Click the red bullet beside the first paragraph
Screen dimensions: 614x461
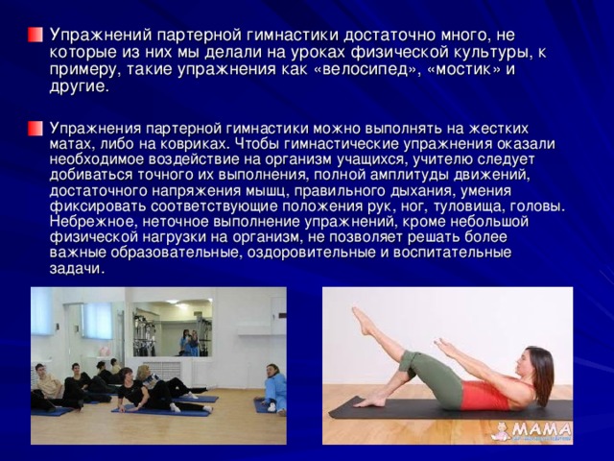click(x=35, y=35)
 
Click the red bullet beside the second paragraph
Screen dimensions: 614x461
click(x=35, y=129)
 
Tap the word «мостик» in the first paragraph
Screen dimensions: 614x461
click(x=464, y=69)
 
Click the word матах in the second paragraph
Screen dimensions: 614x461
click(x=69, y=144)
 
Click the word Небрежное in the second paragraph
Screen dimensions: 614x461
click(x=92, y=221)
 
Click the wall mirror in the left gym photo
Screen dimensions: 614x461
click(x=173, y=328)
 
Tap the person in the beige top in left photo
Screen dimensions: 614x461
click(x=48, y=385)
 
